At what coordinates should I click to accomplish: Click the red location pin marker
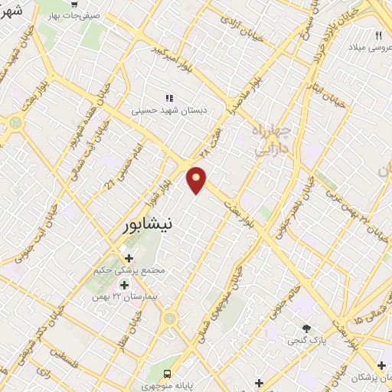click(198, 179)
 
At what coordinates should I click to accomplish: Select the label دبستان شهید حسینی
click(169, 110)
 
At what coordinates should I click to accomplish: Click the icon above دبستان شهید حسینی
click(169, 98)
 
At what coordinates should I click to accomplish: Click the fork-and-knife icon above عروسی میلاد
click(377, 35)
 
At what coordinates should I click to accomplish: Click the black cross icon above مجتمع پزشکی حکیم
click(129, 259)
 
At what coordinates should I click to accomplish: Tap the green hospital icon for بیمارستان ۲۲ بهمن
click(123, 285)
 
